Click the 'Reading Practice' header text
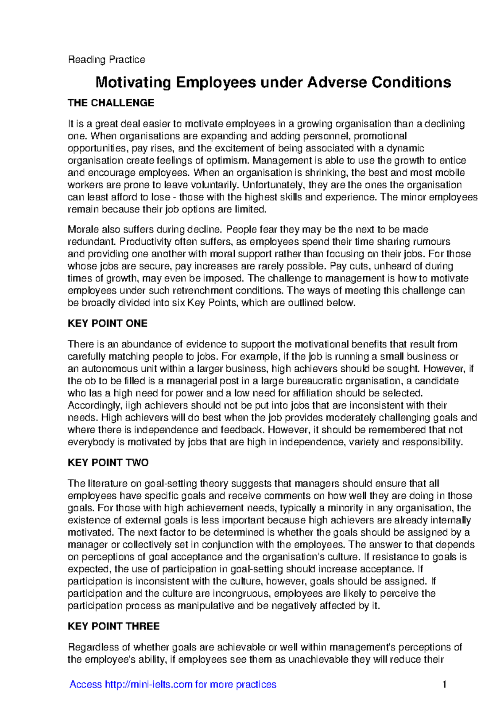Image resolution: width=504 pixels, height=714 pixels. coord(106,60)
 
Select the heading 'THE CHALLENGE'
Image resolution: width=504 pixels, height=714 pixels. coord(111,103)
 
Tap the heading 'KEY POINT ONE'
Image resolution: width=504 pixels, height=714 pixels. coord(108,323)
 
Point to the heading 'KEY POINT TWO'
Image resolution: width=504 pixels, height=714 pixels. coord(108,463)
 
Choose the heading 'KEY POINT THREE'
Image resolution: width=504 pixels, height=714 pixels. coord(113,626)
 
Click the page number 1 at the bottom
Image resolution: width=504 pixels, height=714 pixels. coord(444,684)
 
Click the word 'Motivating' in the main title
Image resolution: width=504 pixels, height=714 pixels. coord(133,82)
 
